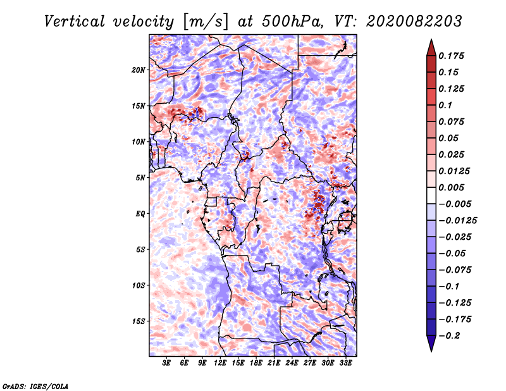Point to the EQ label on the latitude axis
140,214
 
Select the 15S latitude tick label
139,321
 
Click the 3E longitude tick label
167,363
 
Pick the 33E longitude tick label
345,363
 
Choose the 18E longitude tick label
256,363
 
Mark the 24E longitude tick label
292,363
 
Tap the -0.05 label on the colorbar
452,252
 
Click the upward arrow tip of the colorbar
430,42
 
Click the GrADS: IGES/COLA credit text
35,385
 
